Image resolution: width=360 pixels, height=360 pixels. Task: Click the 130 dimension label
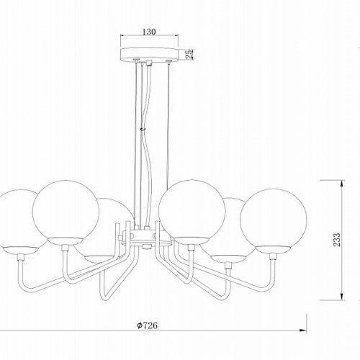(x=149, y=32)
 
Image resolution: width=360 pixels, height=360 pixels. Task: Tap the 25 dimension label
(x=189, y=54)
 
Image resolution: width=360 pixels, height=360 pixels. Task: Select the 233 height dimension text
(x=337, y=240)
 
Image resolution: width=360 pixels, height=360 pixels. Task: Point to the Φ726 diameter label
(x=148, y=325)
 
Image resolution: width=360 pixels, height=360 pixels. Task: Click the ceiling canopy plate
(x=150, y=54)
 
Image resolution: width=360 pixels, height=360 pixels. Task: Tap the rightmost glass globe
(x=273, y=222)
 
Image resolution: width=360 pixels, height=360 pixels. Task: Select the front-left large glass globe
(x=66, y=213)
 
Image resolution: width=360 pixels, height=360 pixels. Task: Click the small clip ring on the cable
(x=143, y=129)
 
